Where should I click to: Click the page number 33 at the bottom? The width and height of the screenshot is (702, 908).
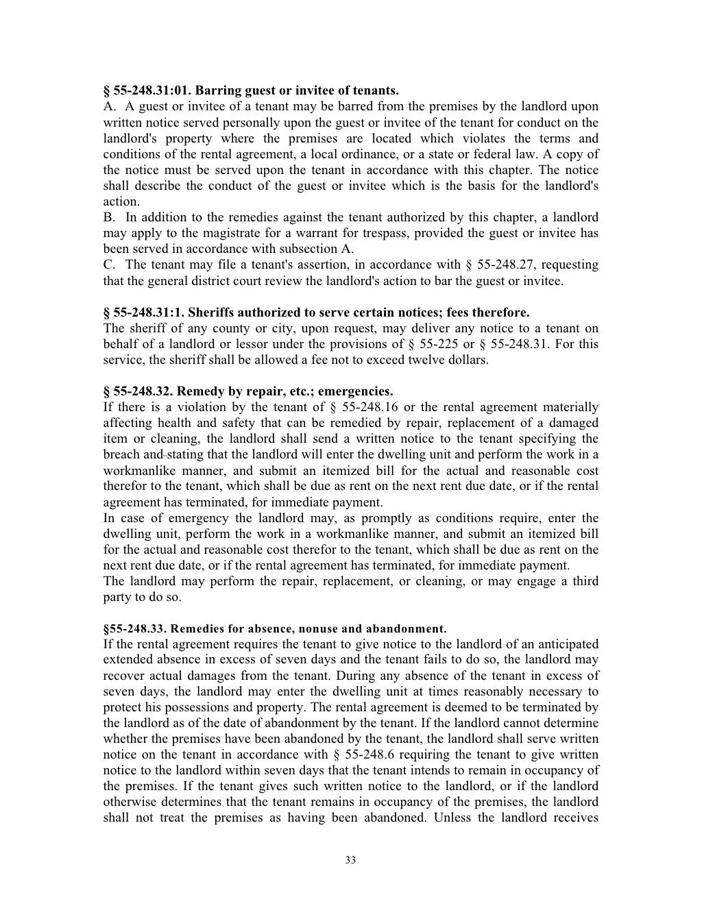point(350,860)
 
